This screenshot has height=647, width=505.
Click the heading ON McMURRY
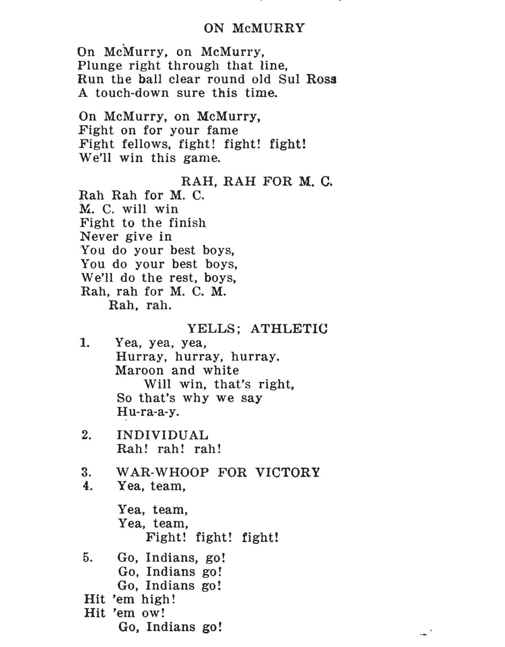pyautogui.click(x=254, y=28)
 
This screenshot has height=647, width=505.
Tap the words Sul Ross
pyautogui.click(x=308, y=79)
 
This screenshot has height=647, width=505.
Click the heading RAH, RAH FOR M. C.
pyautogui.click(x=257, y=182)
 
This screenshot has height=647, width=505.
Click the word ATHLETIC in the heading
pyautogui.click(x=289, y=329)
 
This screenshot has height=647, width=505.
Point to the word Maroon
pyautogui.click(x=139, y=371)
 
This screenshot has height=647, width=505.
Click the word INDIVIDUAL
pyautogui.click(x=163, y=435)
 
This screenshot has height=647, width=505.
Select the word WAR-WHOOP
pyautogui.click(x=163, y=472)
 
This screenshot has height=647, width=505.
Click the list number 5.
pyautogui.click(x=87, y=558)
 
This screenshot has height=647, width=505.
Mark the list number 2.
pyautogui.click(x=87, y=435)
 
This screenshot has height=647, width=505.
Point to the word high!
pyautogui.click(x=158, y=599)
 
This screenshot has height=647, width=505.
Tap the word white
pyautogui.click(x=221, y=371)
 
